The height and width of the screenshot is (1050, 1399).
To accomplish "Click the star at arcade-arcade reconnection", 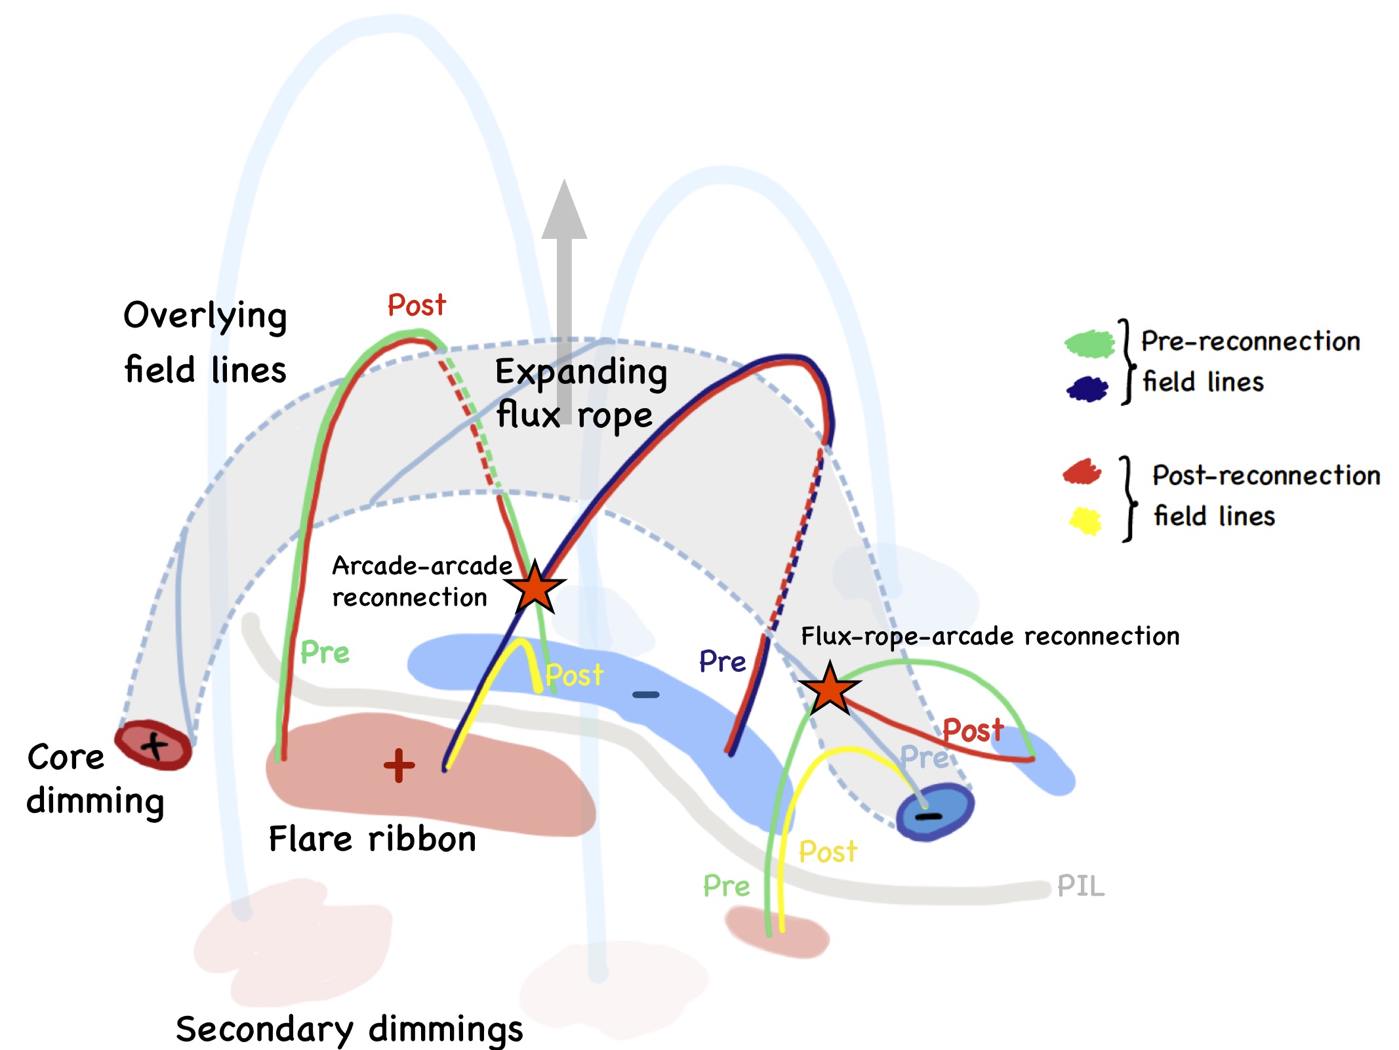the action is [x=536, y=587].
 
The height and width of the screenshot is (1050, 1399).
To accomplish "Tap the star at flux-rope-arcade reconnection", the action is [x=830, y=688].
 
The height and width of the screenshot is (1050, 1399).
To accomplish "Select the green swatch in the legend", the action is [x=1089, y=343].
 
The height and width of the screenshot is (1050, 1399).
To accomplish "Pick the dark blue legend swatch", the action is [x=1087, y=388].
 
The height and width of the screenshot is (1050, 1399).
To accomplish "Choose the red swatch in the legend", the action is [x=1082, y=472].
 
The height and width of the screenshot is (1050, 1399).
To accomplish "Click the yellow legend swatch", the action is [x=1085, y=520].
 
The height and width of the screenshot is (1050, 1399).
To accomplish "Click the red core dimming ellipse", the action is [x=153, y=745].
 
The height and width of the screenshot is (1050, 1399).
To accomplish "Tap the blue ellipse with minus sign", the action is [x=934, y=813].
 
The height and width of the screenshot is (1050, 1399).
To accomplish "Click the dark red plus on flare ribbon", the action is [x=399, y=765].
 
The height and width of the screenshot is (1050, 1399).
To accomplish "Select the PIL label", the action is [x=1081, y=887].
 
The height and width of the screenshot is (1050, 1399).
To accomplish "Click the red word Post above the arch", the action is [x=416, y=305].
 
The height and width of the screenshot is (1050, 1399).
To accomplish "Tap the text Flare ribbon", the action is [x=373, y=839].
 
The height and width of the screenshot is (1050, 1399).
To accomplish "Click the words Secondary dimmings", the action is [x=350, y=1029].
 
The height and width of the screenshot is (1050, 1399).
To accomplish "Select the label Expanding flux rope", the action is [x=580, y=393].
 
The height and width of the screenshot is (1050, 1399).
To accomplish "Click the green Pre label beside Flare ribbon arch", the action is [x=325, y=652].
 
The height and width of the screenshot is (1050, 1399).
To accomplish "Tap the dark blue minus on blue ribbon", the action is [x=646, y=695].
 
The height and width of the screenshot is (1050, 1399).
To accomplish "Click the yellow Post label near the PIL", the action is [x=828, y=852].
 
